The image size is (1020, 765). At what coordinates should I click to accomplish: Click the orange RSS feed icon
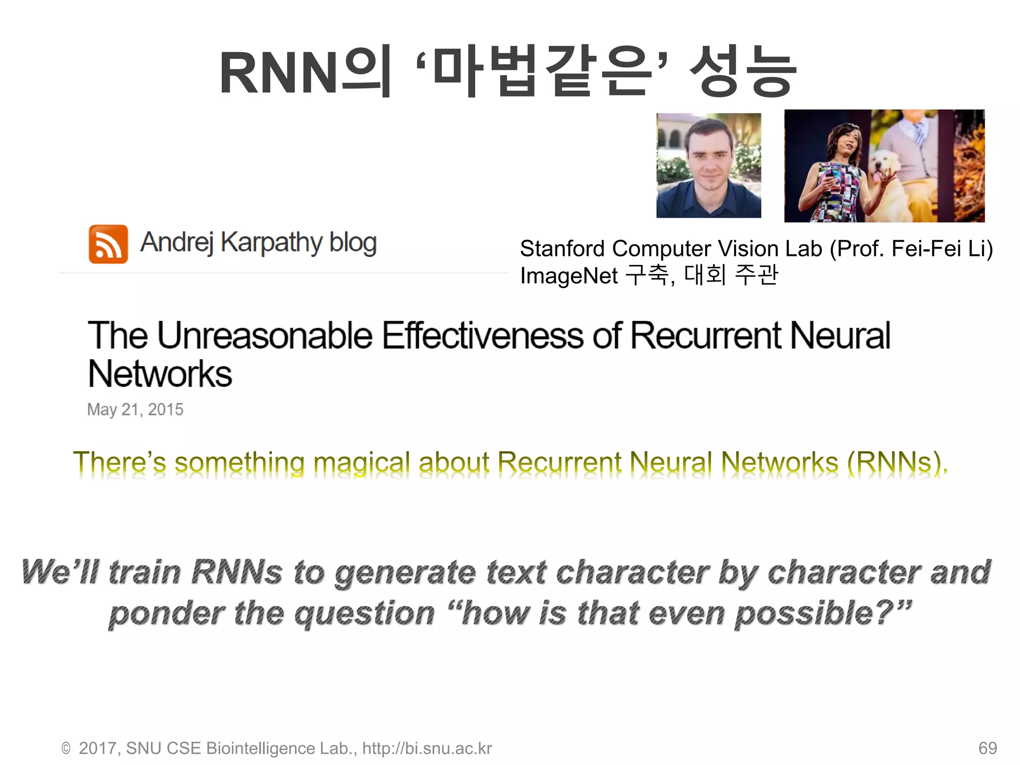coord(108,244)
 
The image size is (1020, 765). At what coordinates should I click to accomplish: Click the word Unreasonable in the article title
coord(265,335)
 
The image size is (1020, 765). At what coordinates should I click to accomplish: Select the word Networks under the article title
coord(160,374)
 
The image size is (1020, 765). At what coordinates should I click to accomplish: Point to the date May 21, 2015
coord(135,409)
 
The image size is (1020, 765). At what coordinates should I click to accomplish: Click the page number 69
coord(987,748)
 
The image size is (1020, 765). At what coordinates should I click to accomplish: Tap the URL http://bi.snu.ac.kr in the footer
coord(427,748)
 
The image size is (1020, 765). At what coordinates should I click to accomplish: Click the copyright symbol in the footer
coord(66,749)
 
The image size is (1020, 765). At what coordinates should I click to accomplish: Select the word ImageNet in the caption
coord(568,275)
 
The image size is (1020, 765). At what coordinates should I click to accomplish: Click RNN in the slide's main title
coord(279,74)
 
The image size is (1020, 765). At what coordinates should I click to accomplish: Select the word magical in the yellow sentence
coord(361,462)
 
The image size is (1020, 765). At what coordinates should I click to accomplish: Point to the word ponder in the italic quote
coord(167,614)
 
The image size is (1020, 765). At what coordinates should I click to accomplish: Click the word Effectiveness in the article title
coord(483,335)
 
